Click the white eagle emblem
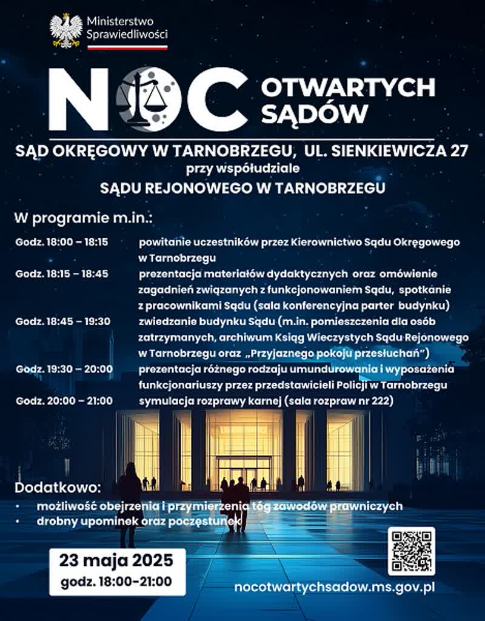[x=66, y=30]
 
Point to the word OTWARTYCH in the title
[x=349, y=87]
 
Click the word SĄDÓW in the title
[x=315, y=113]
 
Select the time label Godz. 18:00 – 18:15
[x=62, y=242]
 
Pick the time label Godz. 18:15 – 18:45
[x=62, y=274]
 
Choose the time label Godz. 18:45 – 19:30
[x=63, y=321]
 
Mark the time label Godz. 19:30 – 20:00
[x=64, y=369]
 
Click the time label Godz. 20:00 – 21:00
[x=64, y=400]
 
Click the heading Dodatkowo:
[x=58, y=488]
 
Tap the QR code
[x=412, y=551]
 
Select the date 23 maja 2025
[x=116, y=559]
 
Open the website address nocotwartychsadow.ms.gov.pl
[x=335, y=586]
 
